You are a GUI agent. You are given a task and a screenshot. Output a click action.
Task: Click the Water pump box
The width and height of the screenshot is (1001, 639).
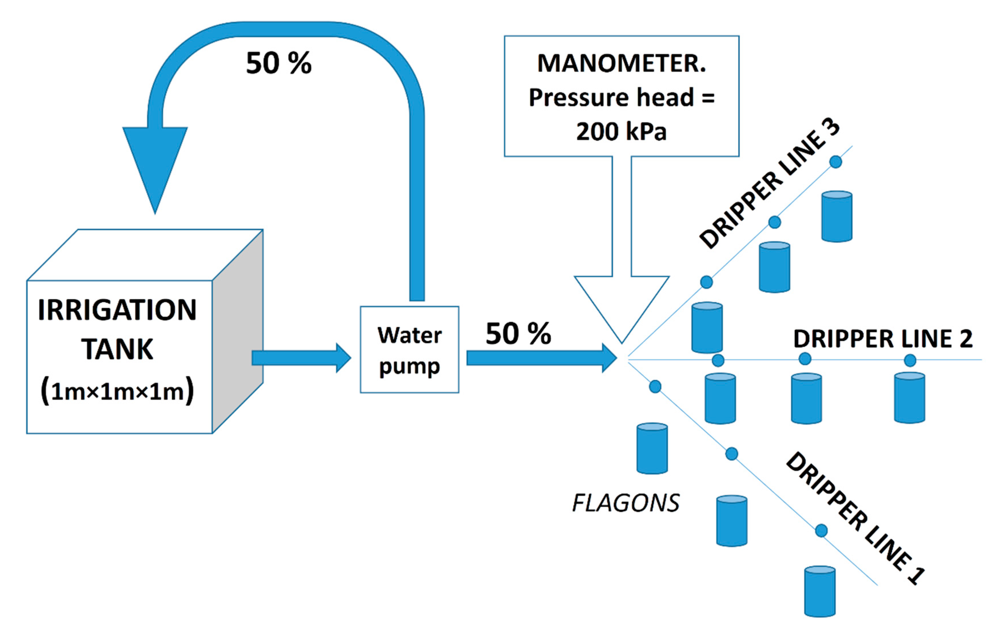click(409, 350)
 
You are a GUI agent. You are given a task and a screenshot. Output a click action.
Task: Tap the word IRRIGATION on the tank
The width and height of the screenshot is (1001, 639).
click(117, 310)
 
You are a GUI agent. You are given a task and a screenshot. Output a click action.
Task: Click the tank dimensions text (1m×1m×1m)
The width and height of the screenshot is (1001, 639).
click(117, 391)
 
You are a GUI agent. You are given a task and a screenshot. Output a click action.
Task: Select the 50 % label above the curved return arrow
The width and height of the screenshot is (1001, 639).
click(278, 63)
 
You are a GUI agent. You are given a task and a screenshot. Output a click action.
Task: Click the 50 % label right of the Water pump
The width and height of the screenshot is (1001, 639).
click(518, 334)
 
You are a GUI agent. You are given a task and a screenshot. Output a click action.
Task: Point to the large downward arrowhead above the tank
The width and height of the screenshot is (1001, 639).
click(155, 166)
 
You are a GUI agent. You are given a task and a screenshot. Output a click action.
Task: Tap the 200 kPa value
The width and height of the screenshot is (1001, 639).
click(621, 132)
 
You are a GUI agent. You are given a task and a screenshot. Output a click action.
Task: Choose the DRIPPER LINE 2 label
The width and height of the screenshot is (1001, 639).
click(883, 339)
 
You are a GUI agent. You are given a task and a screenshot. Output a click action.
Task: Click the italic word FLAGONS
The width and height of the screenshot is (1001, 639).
click(626, 503)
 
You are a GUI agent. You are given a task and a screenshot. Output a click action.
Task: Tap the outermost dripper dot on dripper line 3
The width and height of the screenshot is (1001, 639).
click(835, 162)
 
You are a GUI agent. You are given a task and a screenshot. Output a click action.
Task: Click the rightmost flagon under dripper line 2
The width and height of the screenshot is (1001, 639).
click(910, 398)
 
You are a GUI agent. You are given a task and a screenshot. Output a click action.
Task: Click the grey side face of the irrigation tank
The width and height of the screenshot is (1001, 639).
click(238, 333)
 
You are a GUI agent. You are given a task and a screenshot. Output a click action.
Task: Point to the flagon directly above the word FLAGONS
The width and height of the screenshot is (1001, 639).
click(652, 449)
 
